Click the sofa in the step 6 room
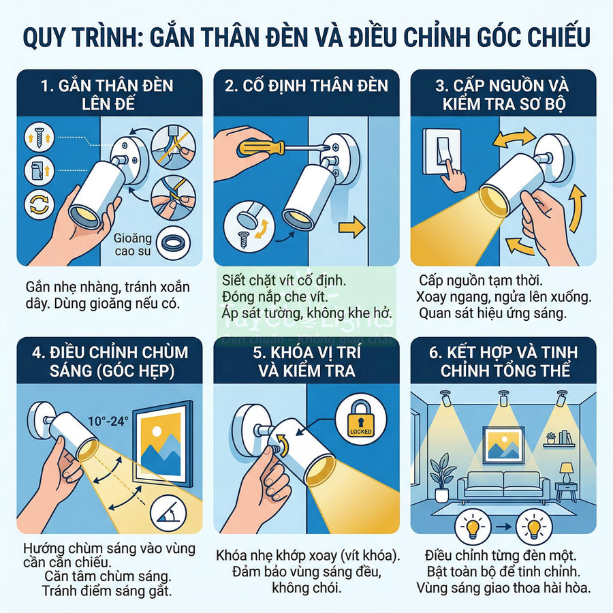tap(503, 486)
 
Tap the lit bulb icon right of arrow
tap(532, 527)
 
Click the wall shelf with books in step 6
tap(560, 441)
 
